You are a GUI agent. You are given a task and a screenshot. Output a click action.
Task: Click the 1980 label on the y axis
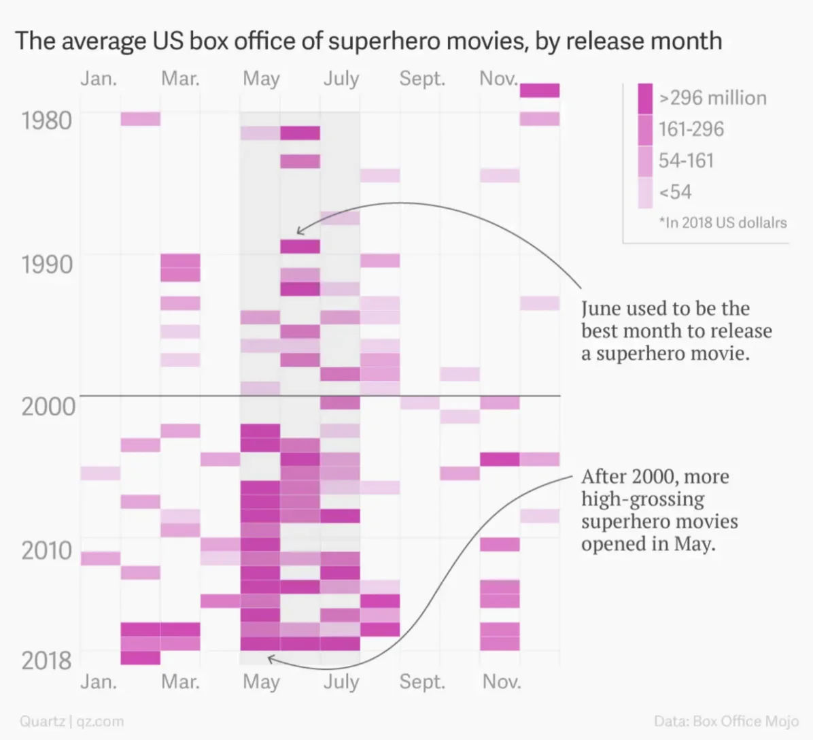(x=46, y=120)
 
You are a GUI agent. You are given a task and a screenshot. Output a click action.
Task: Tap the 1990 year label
(x=46, y=264)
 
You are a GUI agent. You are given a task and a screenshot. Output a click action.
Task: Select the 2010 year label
(x=46, y=550)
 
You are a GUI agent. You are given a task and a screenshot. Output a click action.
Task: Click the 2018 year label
(x=46, y=660)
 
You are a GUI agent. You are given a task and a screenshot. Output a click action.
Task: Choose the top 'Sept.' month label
(x=422, y=79)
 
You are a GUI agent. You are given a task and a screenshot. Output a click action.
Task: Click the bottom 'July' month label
(x=341, y=682)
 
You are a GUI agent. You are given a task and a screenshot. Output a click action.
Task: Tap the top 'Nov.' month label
(x=498, y=79)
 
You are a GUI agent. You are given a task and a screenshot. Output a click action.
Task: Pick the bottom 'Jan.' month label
(x=99, y=682)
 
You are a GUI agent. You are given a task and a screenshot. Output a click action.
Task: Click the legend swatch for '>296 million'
(x=645, y=98)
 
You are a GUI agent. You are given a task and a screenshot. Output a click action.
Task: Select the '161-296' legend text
(x=691, y=129)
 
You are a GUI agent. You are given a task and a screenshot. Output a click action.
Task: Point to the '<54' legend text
(x=675, y=192)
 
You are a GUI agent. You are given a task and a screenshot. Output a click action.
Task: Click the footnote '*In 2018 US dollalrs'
(x=723, y=222)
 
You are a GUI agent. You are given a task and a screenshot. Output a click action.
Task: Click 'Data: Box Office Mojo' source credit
(x=726, y=721)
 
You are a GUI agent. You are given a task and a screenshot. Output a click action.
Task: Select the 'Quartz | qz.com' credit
(x=71, y=721)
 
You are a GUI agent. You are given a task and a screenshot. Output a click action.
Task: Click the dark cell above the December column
(x=540, y=90)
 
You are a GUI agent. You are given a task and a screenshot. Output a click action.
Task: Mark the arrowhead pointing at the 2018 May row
(x=270, y=658)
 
